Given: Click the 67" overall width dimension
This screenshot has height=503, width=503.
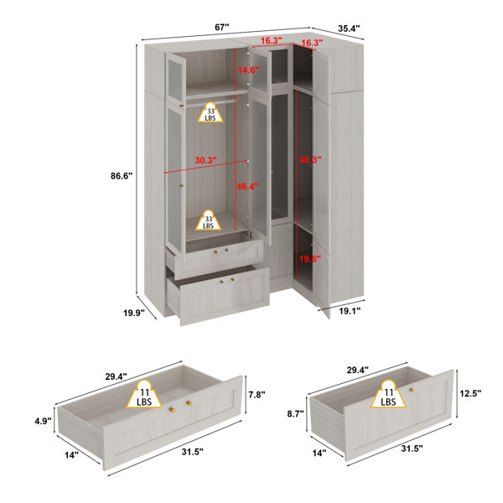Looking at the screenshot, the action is (x=222, y=28).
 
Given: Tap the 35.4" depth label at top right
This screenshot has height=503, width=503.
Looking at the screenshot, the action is (x=349, y=29).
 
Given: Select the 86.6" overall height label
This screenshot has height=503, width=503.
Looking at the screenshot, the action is (x=122, y=176).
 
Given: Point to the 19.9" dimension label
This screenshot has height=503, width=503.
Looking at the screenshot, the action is (x=134, y=313).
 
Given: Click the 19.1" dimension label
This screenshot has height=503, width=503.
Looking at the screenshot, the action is (x=350, y=310).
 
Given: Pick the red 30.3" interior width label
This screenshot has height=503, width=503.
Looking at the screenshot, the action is (x=206, y=160).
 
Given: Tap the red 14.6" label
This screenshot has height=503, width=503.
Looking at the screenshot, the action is (x=248, y=70).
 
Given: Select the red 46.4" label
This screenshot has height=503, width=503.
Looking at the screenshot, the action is (x=247, y=186).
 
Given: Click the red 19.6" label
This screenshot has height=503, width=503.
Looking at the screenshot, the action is (x=310, y=259).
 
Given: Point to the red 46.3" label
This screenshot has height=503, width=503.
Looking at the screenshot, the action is (x=310, y=159).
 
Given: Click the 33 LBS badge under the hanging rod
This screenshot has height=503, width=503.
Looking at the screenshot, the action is (x=210, y=112).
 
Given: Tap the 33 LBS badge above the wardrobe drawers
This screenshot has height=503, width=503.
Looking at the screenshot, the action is (x=209, y=220).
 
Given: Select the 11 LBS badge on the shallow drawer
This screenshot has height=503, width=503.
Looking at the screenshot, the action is (x=144, y=394).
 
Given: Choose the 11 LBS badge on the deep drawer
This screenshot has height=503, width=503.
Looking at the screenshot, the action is (x=388, y=394).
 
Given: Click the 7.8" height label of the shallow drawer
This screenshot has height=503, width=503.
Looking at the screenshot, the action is (x=257, y=394).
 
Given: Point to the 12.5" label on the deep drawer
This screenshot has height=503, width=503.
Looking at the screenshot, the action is (x=470, y=393).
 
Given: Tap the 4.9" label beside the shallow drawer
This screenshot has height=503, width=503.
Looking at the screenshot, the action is (x=43, y=421).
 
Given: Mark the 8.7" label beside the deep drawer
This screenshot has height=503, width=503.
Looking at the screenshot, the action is (x=295, y=414).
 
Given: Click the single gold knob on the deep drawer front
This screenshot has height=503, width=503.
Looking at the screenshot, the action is (x=412, y=390).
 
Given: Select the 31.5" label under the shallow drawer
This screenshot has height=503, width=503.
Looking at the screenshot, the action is (x=193, y=452).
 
